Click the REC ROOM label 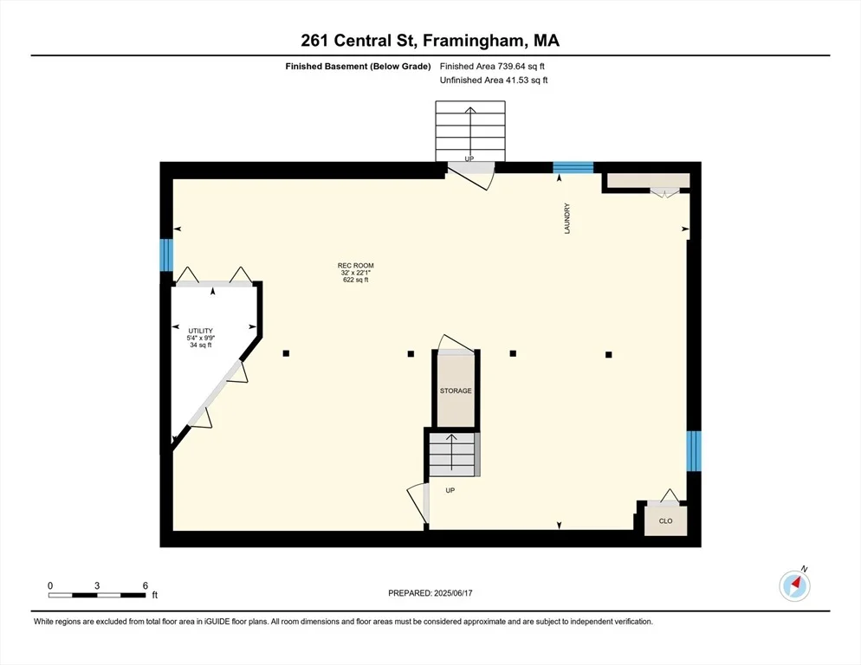pos(356,265)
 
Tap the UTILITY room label pos(200,331)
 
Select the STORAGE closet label pos(456,391)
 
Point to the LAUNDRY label pos(567,218)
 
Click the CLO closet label pos(665,521)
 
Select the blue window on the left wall pos(166,255)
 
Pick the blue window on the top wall pos(573,167)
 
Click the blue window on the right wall pos(694,451)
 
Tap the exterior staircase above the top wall pos(470,132)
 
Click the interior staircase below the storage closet pos(452,454)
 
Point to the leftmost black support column pos(286,353)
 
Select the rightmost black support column pos(608,355)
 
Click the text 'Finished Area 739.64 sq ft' pos(492,67)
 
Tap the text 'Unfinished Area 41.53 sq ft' pos(494,81)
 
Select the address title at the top pos(430,41)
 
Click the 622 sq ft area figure pos(356,280)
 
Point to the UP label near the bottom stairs pos(450,490)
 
